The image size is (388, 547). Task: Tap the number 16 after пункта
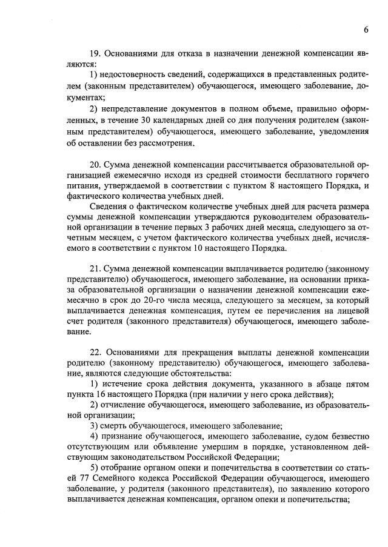click(x=96, y=397)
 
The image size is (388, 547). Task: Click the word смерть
click(x=119, y=431)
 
